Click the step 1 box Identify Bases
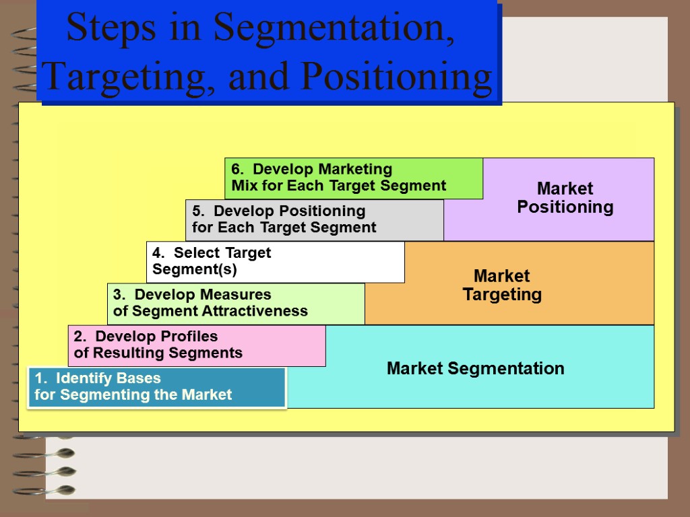click(156, 386)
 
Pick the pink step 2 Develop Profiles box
click(197, 345)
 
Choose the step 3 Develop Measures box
click(236, 303)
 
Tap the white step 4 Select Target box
click(275, 261)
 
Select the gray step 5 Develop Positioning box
click(314, 219)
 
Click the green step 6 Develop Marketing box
click(353, 178)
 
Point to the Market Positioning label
click(565, 198)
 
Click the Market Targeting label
click(502, 285)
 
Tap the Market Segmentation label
click(475, 369)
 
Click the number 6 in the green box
click(236, 169)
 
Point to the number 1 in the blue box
click(39, 378)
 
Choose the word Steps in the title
click(100, 28)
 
